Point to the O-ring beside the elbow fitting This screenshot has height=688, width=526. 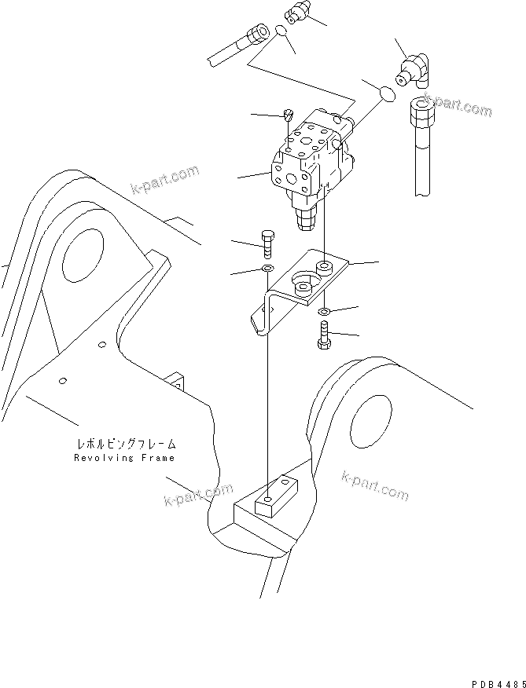(x=386, y=93)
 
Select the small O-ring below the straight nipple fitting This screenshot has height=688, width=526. (x=281, y=32)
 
